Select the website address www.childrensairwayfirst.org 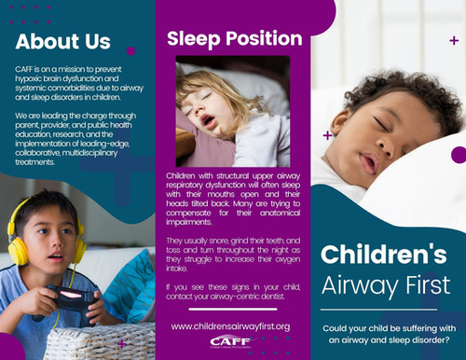(231, 325)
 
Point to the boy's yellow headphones (18, 248)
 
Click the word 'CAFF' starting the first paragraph (26, 70)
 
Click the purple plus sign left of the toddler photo (327, 135)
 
